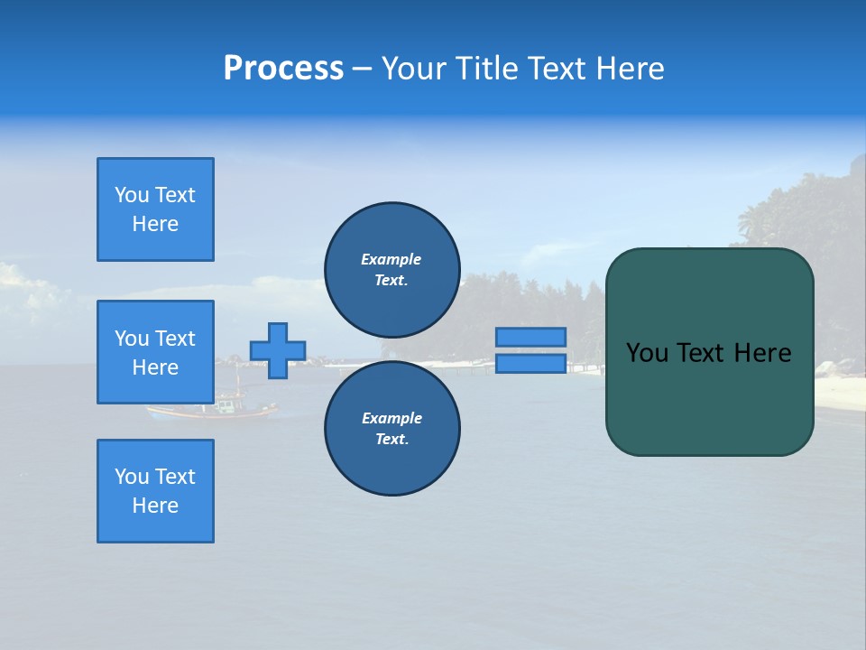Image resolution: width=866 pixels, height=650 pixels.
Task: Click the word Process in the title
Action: pyautogui.click(x=283, y=68)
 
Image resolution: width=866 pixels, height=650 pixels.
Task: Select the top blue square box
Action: pyautogui.click(x=155, y=209)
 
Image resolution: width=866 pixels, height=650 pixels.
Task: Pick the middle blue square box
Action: pyautogui.click(x=155, y=352)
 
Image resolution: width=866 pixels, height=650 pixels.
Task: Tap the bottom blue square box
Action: pyautogui.click(x=155, y=491)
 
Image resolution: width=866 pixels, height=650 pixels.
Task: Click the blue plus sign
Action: pyautogui.click(x=278, y=350)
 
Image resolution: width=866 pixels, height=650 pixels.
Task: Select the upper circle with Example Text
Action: pyautogui.click(x=392, y=269)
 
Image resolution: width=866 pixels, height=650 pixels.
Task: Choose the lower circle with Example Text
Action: pyautogui.click(x=392, y=428)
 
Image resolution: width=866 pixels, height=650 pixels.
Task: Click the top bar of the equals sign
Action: pyautogui.click(x=530, y=338)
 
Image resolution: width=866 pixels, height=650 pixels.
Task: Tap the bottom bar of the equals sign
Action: pyautogui.click(x=530, y=364)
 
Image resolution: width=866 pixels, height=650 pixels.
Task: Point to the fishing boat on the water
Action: pyautogui.click(x=216, y=408)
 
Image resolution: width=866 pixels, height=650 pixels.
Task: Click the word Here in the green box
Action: pyautogui.click(x=762, y=353)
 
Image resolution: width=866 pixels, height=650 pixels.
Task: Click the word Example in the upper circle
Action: pyautogui.click(x=391, y=259)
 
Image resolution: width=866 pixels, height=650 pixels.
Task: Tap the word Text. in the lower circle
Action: pyautogui.click(x=392, y=439)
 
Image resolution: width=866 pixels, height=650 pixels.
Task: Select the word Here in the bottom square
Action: pyautogui.click(x=155, y=506)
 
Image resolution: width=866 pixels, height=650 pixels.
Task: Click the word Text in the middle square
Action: pyautogui.click(x=175, y=339)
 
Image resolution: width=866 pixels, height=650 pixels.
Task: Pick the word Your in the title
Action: pyautogui.click(x=415, y=68)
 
